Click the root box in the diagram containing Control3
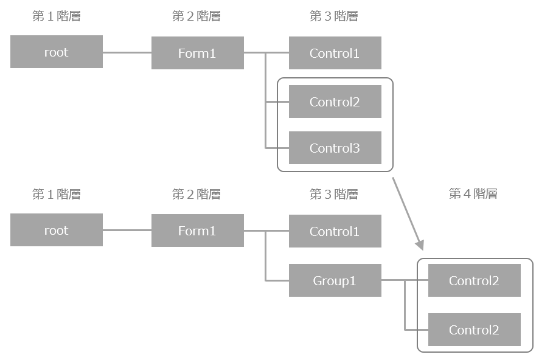[x=57, y=52]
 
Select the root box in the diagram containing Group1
[x=57, y=230]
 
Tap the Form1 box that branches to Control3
[x=197, y=53]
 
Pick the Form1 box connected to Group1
[x=197, y=230]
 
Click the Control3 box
[x=335, y=148]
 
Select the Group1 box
[x=335, y=280]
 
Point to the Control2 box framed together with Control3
[x=335, y=102]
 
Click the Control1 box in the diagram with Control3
[x=335, y=53]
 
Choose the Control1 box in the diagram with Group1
[x=335, y=231]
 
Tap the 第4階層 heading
[x=473, y=194]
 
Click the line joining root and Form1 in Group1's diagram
[x=127, y=230]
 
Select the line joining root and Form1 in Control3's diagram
[x=127, y=52]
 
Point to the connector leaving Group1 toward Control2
[x=393, y=280]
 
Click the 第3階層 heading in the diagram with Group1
[x=334, y=194]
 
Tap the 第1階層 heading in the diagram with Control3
[x=57, y=16]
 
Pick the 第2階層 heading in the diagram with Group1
[x=196, y=194]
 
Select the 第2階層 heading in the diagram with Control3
[x=196, y=16]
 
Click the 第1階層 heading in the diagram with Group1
[x=57, y=194]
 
